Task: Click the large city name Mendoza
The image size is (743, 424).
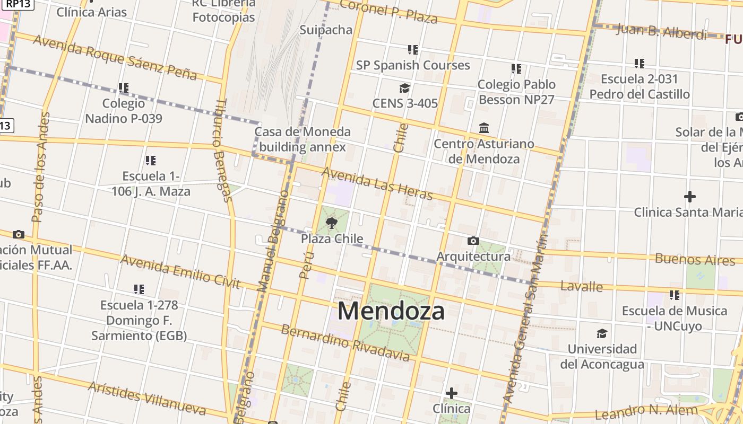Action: pos(391,311)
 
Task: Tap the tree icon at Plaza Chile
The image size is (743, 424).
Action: pos(332,223)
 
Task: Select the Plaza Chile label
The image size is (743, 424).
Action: pos(332,238)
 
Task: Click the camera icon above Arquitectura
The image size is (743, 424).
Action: pos(473,241)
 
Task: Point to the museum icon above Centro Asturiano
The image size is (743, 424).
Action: pos(484,128)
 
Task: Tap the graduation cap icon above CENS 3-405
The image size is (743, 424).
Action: pos(405,88)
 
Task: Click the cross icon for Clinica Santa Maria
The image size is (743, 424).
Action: pos(689,197)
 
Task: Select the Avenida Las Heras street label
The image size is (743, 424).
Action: pos(377,183)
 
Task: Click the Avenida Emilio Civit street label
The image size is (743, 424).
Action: pos(180,272)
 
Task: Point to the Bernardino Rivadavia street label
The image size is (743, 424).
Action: pos(345,343)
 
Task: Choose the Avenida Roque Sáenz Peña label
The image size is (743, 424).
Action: pos(115,57)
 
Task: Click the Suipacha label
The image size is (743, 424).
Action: pos(326,30)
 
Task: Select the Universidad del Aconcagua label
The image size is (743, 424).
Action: pos(602,357)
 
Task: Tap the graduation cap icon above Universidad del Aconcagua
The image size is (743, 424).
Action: pos(602,333)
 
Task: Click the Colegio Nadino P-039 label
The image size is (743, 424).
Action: pos(124,111)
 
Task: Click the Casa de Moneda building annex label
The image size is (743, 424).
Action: pos(303,139)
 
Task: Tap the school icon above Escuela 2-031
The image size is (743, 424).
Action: pos(640,64)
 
